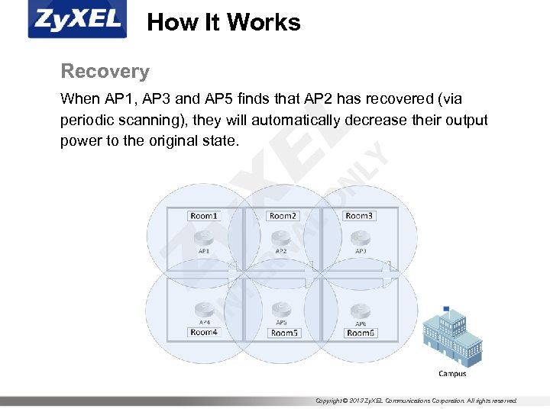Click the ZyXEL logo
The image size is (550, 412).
point(77,20)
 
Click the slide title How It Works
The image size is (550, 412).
point(223,22)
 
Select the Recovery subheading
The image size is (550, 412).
point(105,72)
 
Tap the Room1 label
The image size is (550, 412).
point(203,216)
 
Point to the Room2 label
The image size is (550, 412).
point(283,216)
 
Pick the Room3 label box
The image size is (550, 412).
point(359,216)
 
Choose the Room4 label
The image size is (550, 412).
point(204,332)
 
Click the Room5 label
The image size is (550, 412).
point(284,333)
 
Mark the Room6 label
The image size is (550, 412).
point(361,333)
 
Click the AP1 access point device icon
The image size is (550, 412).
point(204,237)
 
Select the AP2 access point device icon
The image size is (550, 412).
point(281,237)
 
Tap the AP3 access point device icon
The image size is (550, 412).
point(360,237)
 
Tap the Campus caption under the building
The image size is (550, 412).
point(452,374)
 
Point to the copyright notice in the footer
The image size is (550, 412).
point(416,401)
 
